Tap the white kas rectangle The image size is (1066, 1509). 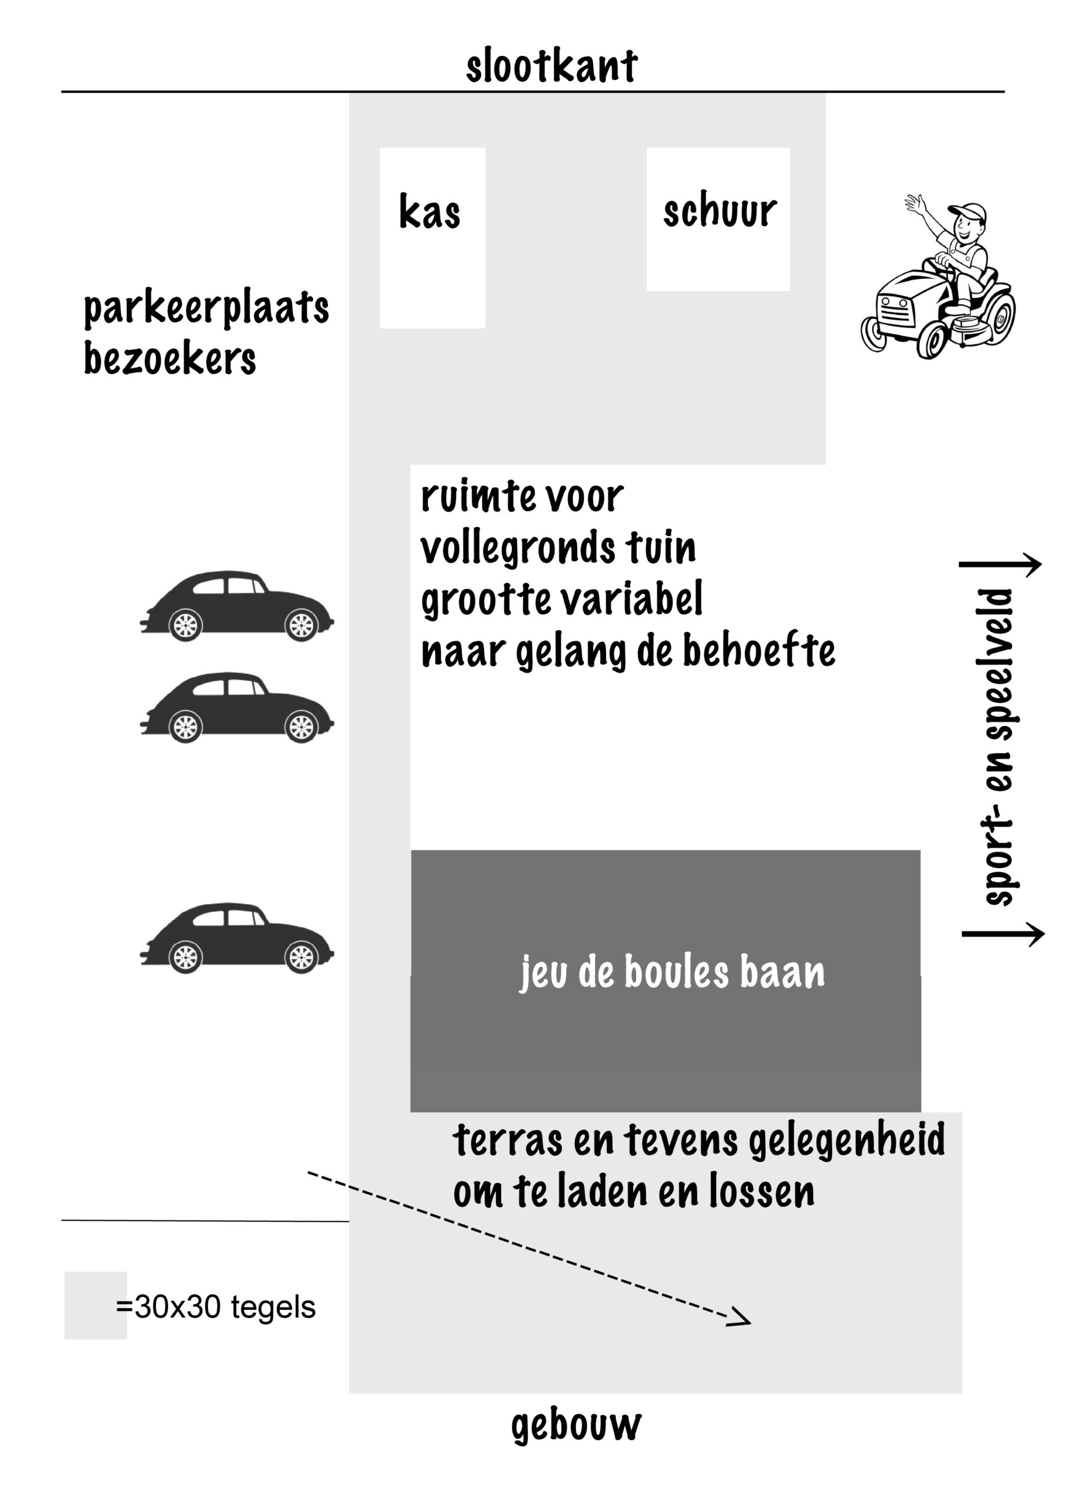(432, 238)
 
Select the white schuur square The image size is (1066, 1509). (718, 219)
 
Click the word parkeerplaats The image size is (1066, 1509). (206, 309)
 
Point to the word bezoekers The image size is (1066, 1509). (170, 359)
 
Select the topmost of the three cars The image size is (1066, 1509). (236, 606)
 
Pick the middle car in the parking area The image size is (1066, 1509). (236, 707)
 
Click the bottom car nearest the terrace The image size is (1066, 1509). (236, 938)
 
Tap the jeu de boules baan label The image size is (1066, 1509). (672, 972)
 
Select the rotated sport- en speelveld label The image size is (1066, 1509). (997, 748)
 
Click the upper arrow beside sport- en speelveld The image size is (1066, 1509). (1000, 564)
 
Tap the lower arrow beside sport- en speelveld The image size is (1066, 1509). (1003, 933)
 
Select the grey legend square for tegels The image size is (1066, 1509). (95, 1305)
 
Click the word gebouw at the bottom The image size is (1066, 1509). (576, 1425)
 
